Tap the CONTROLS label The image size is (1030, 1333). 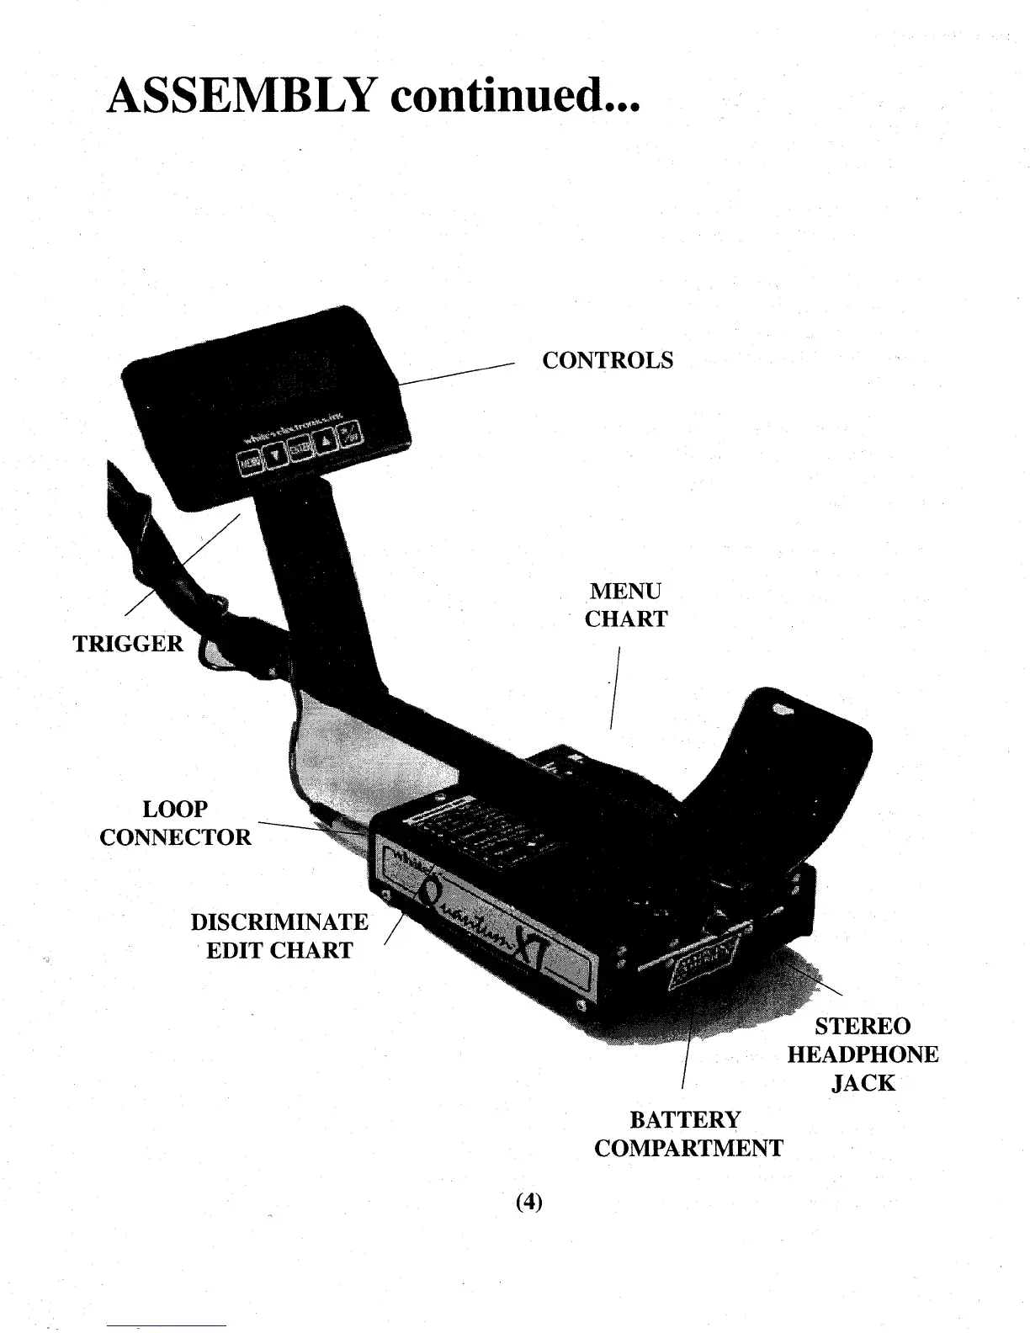click(x=608, y=360)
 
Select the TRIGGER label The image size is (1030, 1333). click(x=128, y=644)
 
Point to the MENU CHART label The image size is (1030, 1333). click(x=626, y=605)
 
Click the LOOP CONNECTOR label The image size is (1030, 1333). click(x=175, y=823)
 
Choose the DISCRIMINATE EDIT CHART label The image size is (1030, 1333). click(x=279, y=936)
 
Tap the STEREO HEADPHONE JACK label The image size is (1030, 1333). click(x=863, y=1054)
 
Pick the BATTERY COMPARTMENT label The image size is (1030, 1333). click(x=688, y=1134)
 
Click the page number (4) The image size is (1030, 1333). click(x=528, y=1202)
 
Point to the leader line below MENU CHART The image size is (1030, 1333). click(x=615, y=686)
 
